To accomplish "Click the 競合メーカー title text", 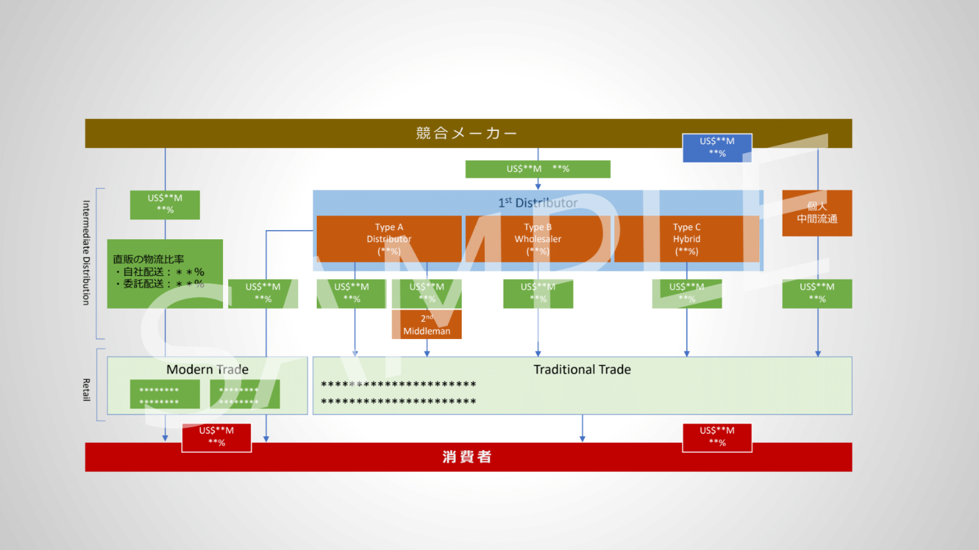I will pos(466,133).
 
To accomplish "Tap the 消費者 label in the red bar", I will pos(467,457).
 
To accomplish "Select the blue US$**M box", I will pos(717,147).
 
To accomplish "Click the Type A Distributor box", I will pos(389,239).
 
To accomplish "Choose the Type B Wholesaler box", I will pos(538,239).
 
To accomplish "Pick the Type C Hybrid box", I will pos(687,239).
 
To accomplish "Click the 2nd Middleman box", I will pos(427,325).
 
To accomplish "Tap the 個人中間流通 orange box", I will pos(817,213).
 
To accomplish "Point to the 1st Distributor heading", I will pos(538,203).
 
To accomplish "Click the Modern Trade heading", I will pos(207,370).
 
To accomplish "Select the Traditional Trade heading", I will pos(582,370).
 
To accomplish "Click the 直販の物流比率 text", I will pos(149,259).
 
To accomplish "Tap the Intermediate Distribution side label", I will pos(86,253).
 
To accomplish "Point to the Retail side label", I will pos(86,389).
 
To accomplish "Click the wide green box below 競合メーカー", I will pos(538,169).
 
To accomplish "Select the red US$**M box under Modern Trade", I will pos(216,437).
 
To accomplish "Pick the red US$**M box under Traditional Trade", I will pos(717,437).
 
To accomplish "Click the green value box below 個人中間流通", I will pos(817,293).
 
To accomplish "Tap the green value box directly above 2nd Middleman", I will pos(427,293).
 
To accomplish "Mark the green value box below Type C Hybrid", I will pos(687,293).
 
